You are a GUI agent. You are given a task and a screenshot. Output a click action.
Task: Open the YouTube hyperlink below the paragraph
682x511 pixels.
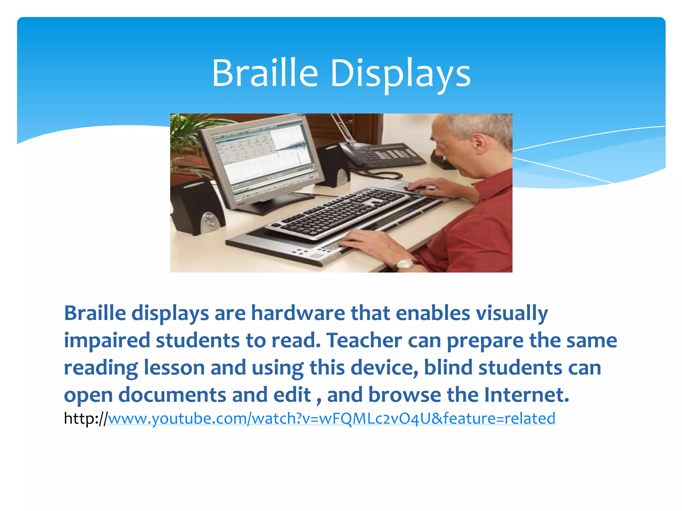pyautogui.click(x=331, y=418)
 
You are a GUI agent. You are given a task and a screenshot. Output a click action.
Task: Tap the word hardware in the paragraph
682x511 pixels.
pyautogui.click(x=298, y=313)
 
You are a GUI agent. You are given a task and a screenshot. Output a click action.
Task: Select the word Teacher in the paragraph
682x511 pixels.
pyautogui.click(x=364, y=340)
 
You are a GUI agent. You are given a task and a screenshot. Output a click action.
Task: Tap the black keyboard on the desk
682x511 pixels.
pyautogui.click(x=336, y=213)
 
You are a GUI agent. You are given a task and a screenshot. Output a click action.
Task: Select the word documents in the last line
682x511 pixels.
pyautogui.click(x=172, y=395)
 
